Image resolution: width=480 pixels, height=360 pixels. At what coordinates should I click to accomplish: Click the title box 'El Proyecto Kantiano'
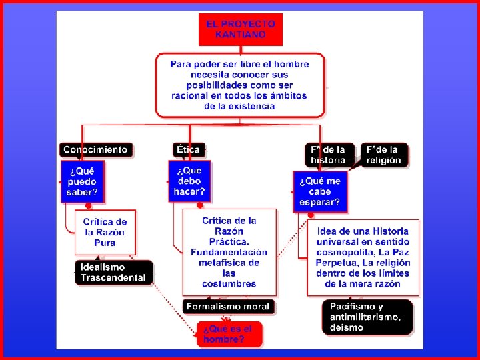pyautogui.click(x=240, y=29)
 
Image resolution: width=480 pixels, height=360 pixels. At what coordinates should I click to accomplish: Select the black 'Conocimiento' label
pyautogui.click(x=95, y=150)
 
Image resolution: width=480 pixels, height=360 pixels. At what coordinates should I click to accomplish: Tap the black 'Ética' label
pyautogui.click(x=188, y=150)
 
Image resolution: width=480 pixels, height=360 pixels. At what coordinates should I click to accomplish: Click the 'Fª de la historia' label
pyautogui.click(x=329, y=155)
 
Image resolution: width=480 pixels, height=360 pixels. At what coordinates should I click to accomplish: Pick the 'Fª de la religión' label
pyautogui.click(x=384, y=155)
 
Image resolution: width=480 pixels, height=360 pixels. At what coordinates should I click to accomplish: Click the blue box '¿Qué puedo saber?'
pyautogui.click(x=82, y=182)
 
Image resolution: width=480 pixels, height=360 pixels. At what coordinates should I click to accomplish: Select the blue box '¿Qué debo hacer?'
pyautogui.click(x=189, y=181)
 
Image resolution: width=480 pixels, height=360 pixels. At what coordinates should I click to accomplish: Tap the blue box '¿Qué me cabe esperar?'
pyautogui.click(x=319, y=191)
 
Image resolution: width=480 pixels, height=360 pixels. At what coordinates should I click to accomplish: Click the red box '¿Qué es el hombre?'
pyautogui.click(x=229, y=334)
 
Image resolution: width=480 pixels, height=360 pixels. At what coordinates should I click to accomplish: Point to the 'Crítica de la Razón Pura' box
pyautogui.click(x=105, y=232)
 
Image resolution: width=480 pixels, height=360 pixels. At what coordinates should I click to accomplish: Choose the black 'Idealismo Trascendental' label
pyautogui.click(x=113, y=272)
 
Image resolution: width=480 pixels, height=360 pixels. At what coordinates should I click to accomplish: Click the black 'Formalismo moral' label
pyautogui.click(x=228, y=307)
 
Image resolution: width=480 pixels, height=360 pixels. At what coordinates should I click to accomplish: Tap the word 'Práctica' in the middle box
pyautogui.click(x=229, y=241)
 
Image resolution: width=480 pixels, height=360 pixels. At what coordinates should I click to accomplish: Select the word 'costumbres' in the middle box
pyautogui.click(x=229, y=284)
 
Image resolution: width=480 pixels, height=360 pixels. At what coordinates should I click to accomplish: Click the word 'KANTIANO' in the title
pyautogui.click(x=241, y=35)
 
